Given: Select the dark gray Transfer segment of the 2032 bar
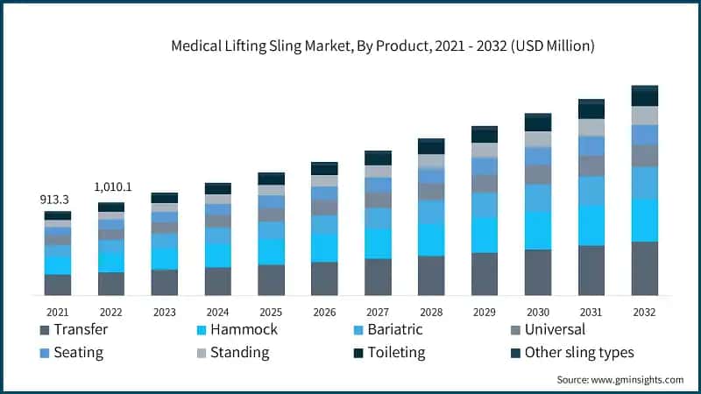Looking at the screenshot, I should coord(644,268).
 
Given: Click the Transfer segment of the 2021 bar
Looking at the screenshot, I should coord(58,285).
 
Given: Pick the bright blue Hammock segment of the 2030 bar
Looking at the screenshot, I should coord(538,230).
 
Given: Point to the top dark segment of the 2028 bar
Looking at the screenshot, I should coord(431,145).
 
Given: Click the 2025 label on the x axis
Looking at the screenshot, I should coord(271,311).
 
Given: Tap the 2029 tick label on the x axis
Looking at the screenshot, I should coord(485,311).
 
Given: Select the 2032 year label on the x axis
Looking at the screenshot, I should coord(644,311).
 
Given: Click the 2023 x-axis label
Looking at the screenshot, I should coord(164,311).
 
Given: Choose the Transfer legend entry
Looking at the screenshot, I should coord(81,330).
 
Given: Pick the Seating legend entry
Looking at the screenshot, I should coord(77,353).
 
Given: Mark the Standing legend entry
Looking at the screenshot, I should coord(236,353).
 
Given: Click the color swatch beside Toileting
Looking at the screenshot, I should coord(358,353).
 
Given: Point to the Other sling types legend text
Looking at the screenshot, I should coord(579,353).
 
